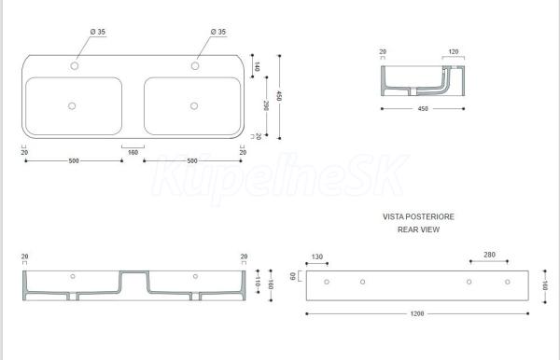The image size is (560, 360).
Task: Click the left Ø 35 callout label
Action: coord(98,32)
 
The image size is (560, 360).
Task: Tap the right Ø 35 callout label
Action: coord(218,32)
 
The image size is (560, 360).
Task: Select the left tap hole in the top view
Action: coord(75,65)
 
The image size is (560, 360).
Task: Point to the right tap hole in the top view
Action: coord(195,65)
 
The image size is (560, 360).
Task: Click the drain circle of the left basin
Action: coord(72,106)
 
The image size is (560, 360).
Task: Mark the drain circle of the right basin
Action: coord(194,106)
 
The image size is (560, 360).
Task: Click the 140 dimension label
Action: coord(257,66)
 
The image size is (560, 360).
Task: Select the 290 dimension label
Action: coord(266,105)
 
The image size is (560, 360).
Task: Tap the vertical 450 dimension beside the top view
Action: coord(279,96)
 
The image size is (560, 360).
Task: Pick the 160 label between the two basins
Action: coord(133,152)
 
